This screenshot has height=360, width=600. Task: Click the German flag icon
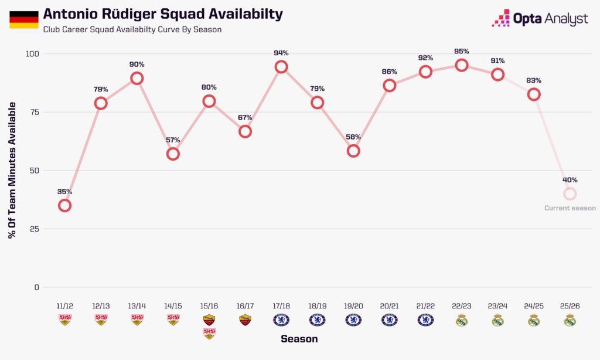(23, 19)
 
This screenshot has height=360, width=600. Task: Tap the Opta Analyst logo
(540, 18)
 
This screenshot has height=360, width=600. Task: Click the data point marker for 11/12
(64, 206)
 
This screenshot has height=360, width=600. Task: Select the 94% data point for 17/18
(281, 67)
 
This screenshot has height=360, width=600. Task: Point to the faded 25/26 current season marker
(570, 194)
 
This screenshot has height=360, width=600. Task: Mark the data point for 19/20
(353, 151)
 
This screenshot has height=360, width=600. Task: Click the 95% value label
(462, 52)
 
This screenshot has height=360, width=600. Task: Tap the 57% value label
(173, 140)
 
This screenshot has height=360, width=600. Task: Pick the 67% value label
(245, 118)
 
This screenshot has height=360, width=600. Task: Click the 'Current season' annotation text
(570, 208)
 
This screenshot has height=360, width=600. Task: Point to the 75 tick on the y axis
(34, 112)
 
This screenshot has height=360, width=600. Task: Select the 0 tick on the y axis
(37, 287)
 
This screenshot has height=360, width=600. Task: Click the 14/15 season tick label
(173, 306)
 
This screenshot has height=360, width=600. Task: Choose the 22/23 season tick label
(462, 306)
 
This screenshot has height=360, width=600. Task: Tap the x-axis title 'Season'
(299, 339)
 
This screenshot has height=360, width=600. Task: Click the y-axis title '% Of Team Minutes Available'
(12, 171)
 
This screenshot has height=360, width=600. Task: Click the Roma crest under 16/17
(245, 320)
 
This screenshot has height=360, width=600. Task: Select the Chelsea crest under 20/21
(390, 320)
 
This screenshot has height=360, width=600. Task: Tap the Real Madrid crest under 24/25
(534, 320)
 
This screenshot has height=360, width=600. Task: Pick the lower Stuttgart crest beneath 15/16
(209, 334)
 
